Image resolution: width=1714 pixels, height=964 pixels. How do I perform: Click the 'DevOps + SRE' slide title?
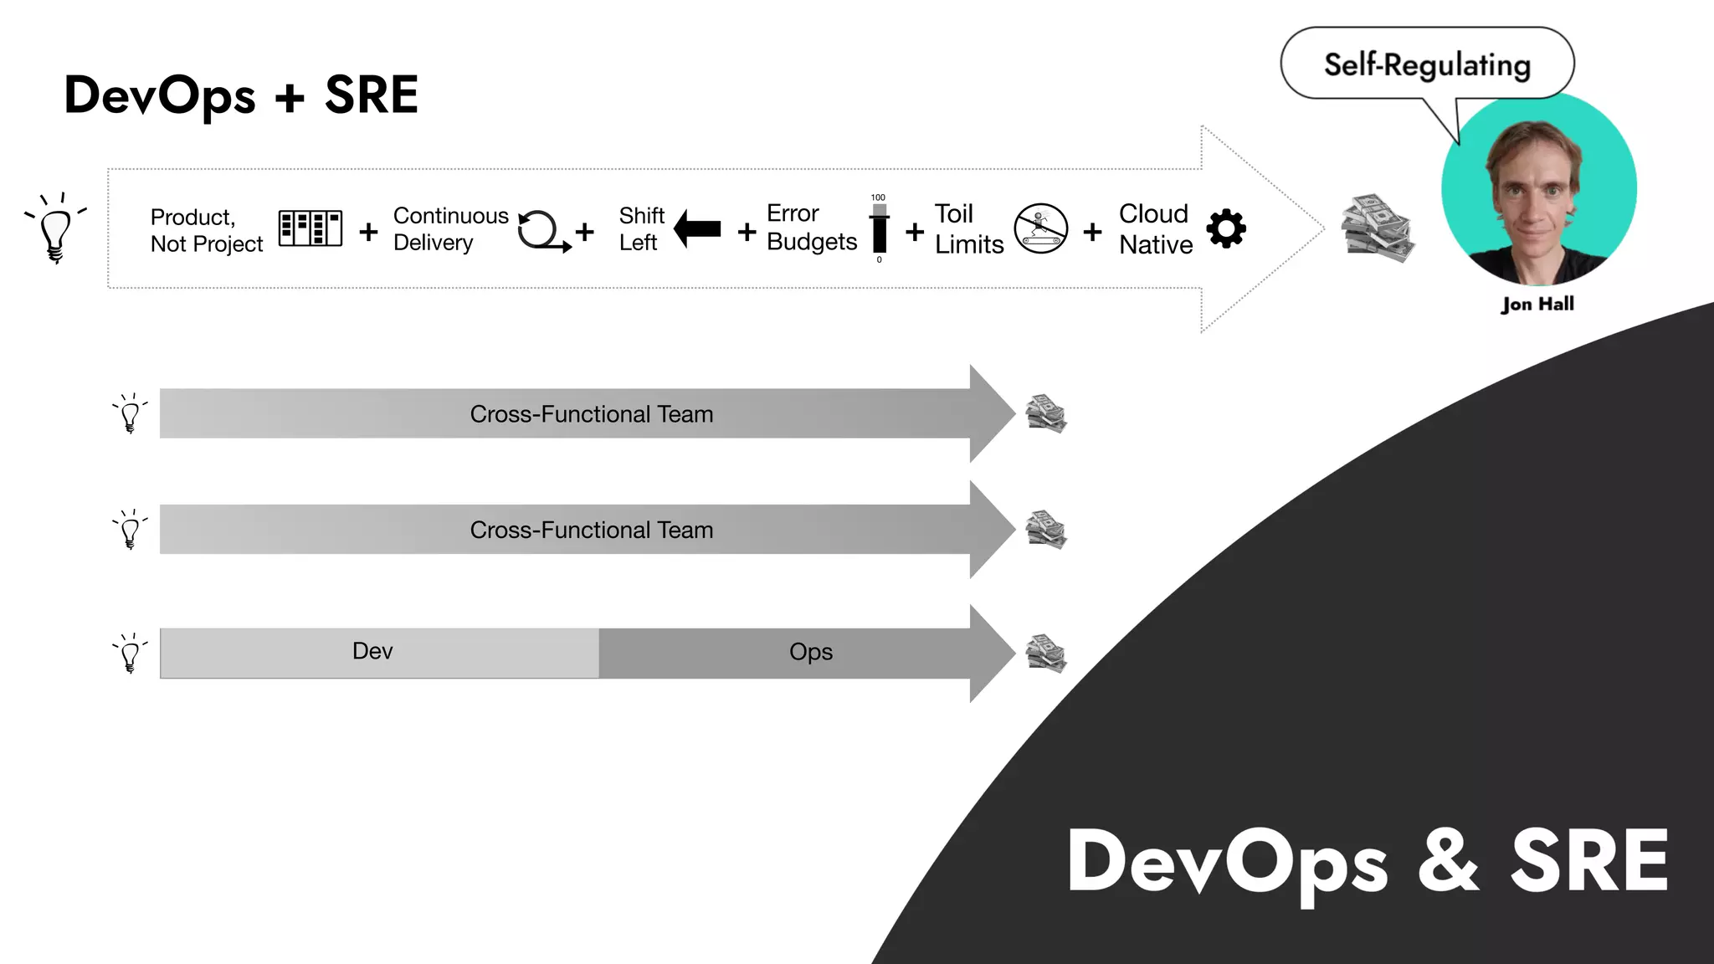click(241, 95)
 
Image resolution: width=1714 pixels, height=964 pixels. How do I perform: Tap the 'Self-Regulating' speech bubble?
click(1426, 64)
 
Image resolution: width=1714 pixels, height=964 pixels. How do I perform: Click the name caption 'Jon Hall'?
click(1537, 304)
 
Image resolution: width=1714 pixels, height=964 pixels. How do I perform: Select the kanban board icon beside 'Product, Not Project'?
click(310, 228)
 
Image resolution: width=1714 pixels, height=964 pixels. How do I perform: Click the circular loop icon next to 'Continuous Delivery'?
click(541, 230)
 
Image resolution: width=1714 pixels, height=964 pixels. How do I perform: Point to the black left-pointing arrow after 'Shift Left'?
click(697, 228)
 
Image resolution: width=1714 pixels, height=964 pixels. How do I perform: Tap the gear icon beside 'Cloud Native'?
click(1226, 228)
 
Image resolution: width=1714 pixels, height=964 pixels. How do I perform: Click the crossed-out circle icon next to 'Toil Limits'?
click(1041, 228)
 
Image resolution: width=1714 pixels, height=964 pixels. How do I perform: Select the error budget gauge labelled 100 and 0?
click(879, 229)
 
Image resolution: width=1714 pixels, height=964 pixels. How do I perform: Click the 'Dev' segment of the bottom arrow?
click(372, 652)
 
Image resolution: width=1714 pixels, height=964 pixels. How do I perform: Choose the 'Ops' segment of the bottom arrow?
click(810, 652)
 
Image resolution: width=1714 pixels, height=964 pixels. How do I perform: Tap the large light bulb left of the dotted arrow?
click(55, 228)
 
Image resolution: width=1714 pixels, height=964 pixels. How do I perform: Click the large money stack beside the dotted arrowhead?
click(1377, 228)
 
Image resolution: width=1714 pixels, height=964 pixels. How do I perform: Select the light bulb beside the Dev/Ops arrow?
click(130, 653)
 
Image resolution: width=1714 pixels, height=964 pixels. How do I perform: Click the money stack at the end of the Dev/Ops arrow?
click(1046, 653)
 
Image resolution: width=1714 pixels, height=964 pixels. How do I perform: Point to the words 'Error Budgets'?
click(811, 228)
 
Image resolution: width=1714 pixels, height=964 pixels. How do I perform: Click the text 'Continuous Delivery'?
click(450, 228)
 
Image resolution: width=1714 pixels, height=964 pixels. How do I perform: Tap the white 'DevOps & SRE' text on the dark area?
click(1368, 862)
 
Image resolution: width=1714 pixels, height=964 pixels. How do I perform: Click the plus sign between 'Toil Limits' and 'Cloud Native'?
click(1092, 231)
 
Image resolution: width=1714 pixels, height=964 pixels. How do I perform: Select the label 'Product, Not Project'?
click(206, 230)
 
